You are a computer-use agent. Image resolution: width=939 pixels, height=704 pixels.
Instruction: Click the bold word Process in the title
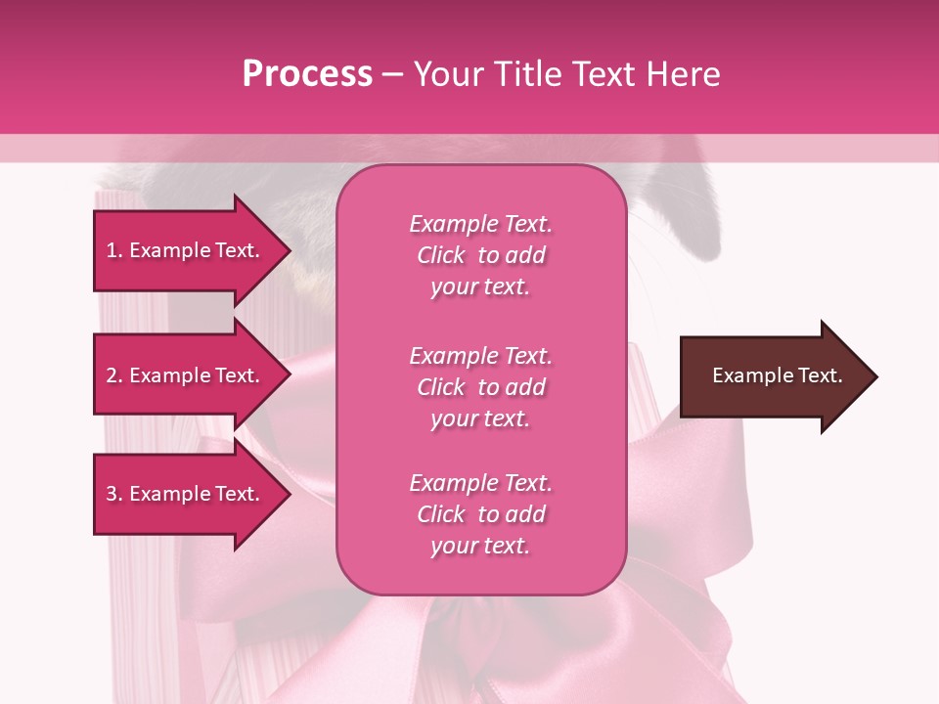coord(307,74)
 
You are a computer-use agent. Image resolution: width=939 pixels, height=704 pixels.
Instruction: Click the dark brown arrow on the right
coord(773,376)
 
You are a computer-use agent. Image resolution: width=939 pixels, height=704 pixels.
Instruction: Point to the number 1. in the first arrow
coord(114,250)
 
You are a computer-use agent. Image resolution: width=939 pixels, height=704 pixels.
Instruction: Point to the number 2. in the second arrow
coord(114,375)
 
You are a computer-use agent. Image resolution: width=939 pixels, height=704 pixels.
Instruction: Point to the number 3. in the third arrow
coord(114,494)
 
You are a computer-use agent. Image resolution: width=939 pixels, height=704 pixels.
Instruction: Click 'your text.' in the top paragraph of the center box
coord(480,287)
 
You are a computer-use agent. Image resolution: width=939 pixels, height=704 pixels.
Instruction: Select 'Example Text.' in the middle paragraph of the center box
coord(480,356)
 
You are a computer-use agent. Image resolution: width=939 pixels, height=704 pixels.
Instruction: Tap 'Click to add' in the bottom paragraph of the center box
coord(480,514)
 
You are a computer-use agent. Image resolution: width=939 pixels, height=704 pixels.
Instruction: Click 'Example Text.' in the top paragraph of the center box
coord(480,224)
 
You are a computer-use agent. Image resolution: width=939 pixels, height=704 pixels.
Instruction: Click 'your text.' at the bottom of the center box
coord(480,547)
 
